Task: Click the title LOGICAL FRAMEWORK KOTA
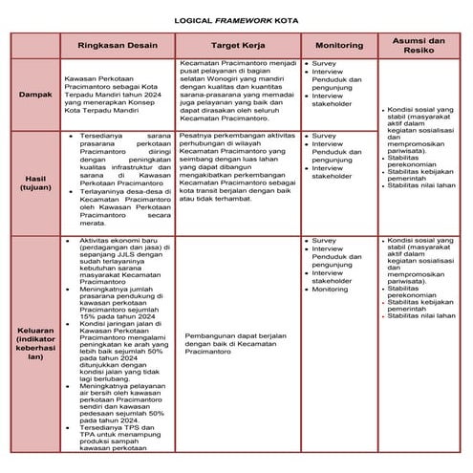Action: [236, 18]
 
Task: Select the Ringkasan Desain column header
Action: [116, 45]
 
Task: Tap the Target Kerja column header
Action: [237, 45]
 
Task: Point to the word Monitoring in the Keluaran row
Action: [331, 289]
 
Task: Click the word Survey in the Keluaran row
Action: [324, 242]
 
